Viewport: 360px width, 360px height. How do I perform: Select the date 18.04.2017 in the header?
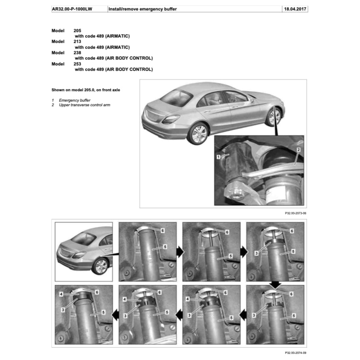(x=295, y=9)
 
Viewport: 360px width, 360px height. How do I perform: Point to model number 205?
(x=78, y=30)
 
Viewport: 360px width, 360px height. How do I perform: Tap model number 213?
(x=78, y=42)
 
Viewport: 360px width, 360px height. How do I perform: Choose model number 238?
(x=78, y=53)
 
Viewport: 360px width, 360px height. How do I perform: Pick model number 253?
(x=78, y=64)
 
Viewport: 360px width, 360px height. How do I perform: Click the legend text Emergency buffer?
(x=74, y=100)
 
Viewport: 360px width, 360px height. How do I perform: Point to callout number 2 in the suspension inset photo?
(x=298, y=149)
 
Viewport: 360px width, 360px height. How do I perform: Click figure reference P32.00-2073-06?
(x=295, y=213)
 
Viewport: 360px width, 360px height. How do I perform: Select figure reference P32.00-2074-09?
(x=295, y=353)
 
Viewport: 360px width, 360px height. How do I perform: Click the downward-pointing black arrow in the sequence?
(x=276, y=285)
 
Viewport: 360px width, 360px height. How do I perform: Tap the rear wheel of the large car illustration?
(x=198, y=133)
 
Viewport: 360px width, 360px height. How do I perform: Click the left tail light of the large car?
(x=170, y=119)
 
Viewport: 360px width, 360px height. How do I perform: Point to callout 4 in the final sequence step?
(x=61, y=294)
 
